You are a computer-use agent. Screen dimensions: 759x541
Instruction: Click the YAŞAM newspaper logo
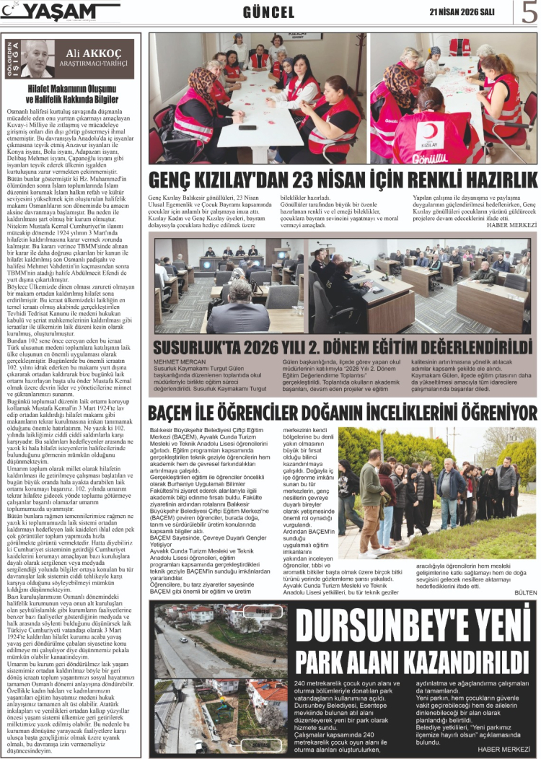coord(61,12)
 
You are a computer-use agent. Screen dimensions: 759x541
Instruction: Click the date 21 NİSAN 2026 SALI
coord(462,12)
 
